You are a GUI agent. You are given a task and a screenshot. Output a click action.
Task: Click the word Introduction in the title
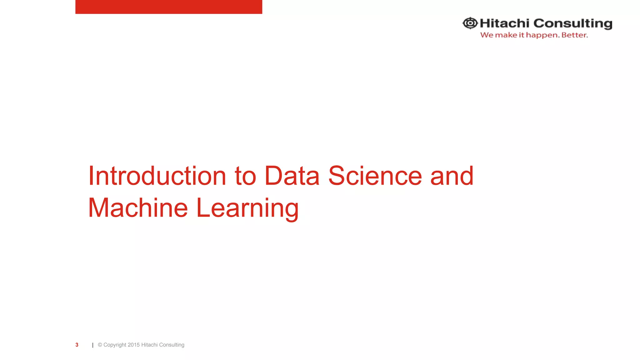coord(157,176)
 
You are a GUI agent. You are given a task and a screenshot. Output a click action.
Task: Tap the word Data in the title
coord(292,176)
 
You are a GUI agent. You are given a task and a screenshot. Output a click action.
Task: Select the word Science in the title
coord(375,176)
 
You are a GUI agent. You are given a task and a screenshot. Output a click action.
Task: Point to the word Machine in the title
coord(138,208)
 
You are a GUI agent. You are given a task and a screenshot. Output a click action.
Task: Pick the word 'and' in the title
coord(452,176)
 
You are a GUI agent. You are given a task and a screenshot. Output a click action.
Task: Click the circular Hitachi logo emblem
coord(470,23)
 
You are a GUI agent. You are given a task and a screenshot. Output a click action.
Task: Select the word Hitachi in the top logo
coord(504,23)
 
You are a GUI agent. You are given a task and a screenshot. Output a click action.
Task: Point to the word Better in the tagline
coord(574,35)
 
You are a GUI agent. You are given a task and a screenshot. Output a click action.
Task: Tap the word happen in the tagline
coord(542,35)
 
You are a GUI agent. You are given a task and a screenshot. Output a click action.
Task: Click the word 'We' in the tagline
coord(487,35)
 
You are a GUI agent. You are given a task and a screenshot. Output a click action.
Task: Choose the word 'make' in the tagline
coord(506,35)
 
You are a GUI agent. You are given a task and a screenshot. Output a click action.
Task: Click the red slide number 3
coord(77,345)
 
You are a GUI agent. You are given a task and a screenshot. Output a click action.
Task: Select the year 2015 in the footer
coord(133,345)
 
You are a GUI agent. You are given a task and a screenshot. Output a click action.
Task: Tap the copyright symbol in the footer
coord(100,345)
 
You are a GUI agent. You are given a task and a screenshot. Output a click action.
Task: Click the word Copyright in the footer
coord(115,345)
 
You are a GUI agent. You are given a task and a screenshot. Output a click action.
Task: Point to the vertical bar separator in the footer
coord(93,345)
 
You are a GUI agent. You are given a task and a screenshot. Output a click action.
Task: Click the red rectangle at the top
coord(169,7)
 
